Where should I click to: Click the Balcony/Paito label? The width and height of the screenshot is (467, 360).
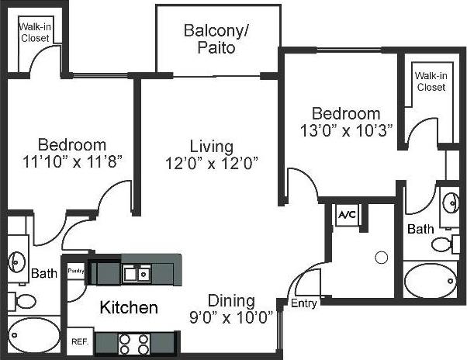tap(209, 39)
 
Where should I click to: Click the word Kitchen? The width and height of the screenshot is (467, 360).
tap(129, 308)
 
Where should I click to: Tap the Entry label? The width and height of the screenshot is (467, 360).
tap(304, 303)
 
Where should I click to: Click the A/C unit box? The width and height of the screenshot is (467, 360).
tap(345, 214)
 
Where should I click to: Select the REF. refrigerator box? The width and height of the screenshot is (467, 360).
tap(78, 341)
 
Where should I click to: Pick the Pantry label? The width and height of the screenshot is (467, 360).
tap(75, 271)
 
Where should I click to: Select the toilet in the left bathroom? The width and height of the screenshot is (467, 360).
tap(25, 300)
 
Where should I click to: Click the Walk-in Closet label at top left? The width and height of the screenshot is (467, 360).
tap(35, 30)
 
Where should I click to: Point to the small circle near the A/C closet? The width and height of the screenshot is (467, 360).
tap(381, 257)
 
